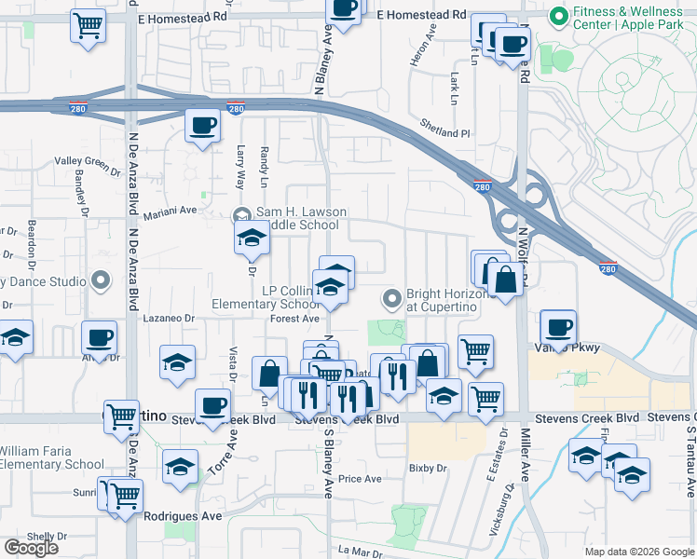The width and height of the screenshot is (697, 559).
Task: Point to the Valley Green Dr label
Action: coord(88,166)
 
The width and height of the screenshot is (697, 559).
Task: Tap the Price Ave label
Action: coord(360,479)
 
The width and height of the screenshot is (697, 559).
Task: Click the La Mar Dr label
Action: coord(355,551)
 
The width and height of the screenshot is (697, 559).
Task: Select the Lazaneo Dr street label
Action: coord(169,319)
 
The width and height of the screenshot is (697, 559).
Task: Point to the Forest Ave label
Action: coord(294,319)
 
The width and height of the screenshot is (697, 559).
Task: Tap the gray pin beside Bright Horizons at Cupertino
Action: coord(392,299)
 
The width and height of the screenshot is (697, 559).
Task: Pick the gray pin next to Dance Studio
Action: coord(102,280)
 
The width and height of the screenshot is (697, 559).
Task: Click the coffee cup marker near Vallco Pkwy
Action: coord(559,327)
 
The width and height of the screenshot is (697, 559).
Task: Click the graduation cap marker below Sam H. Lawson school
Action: coord(252,240)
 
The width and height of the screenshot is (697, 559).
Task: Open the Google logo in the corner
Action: coord(32,548)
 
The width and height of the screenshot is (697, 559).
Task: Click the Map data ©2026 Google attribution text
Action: coord(638,552)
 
